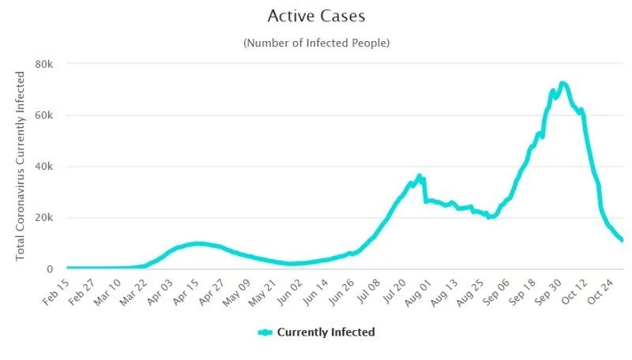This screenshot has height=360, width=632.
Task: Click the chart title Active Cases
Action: pos(316,16)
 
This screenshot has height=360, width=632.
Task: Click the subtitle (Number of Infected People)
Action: pos(316,43)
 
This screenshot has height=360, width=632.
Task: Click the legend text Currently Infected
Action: pos(325,332)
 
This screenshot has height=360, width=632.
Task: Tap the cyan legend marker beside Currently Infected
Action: pos(265,332)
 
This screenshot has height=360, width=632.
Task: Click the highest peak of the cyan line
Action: pos(562,83)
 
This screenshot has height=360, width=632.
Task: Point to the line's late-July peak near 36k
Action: pos(419,176)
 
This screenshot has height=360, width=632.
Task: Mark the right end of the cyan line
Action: pos(622,240)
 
